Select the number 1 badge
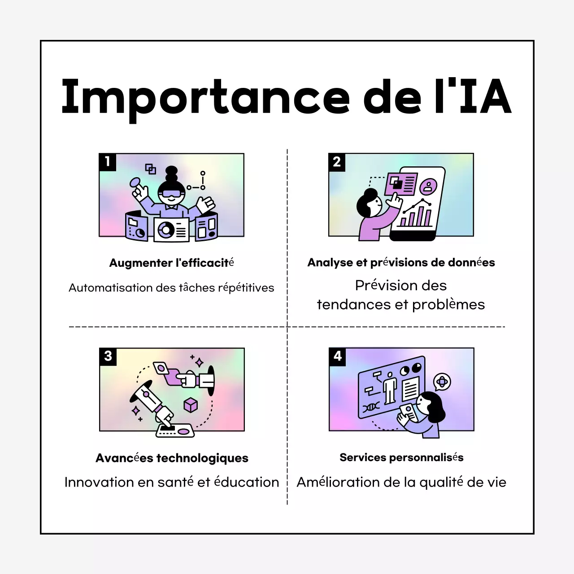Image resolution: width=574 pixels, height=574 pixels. pyautogui.click(x=108, y=162)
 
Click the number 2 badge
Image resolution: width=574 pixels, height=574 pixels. pyautogui.click(x=337, y=162)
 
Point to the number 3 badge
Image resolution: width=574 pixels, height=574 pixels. pyautogui.click(x=108, y=357)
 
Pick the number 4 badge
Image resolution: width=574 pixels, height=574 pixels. pyautogui.click(x=338, y=357)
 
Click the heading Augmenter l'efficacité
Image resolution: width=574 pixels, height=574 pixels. pyautogui.click(x=171, y=263)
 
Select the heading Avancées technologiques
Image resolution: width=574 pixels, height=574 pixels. pyautogui.click(x=172, y=458)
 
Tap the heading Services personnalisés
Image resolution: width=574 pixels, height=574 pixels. pyautogui.click(x=401, y=457)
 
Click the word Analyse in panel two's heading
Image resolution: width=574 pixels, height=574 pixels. pyautogui.click(x=330, y=263)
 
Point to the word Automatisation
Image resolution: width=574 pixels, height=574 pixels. pyautogui.click(x=111, y=288)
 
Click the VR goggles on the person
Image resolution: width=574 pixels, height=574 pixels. pyautogui.click(x=171, y=194)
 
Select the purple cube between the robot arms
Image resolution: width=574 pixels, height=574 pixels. pyautogui.click(x=191, y=405)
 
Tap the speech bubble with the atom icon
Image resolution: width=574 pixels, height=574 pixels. pyautogui.click(x=442, y=382)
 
